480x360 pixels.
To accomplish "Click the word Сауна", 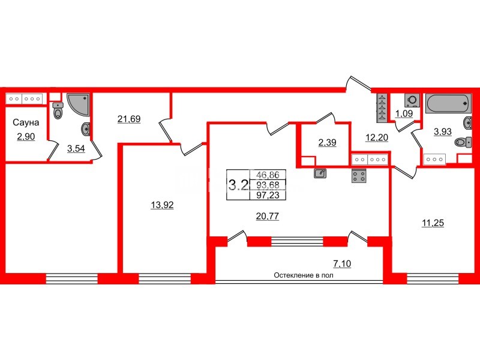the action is click(26, 122).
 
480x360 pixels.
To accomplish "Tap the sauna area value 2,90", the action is click(26, 137).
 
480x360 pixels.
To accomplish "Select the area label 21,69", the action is click(129, 119).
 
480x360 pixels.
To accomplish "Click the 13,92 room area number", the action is click(162, 205).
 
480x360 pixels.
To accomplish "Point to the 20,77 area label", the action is click(267, 217).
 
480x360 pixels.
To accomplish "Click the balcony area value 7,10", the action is click(342, 263).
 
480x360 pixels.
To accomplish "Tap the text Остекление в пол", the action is click(304, 275).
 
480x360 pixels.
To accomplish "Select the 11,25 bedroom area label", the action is click(433, 223).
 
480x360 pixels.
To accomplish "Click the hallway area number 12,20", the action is click(377, 138).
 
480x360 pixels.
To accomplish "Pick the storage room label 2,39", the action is click(327, 142).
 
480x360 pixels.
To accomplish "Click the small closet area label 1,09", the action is click(404, 113).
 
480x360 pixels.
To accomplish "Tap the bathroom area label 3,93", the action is click(443, 131).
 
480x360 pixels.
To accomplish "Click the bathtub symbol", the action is click(448, 103).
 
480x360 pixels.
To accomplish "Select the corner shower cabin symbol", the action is click(79, 104).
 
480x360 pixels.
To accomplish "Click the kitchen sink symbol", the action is click(320, 173).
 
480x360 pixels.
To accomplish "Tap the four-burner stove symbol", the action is click(359, 176).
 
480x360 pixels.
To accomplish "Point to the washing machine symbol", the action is click(412, 100).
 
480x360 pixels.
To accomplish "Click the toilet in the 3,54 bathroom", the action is click(58, 110).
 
